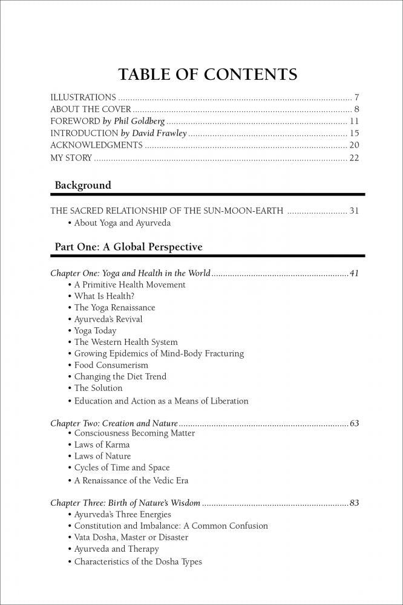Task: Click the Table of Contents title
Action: pos(208,74)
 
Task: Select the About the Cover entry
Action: pos(90,110)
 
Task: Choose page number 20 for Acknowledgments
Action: pos(354,145)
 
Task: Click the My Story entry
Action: pos(71,158)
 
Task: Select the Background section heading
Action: pos(83,185)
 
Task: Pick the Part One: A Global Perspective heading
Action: pos(128,247)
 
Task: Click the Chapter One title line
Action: pos(130,273)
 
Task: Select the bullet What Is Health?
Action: pos(104,296)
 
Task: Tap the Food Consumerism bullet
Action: pos(111,365)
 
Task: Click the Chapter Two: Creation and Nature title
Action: pos(114,423)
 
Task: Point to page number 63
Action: pos(354,423)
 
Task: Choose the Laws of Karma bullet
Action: pos(102,445)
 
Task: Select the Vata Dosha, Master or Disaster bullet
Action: pos(131,537)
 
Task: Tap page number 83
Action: pos(354,503)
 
